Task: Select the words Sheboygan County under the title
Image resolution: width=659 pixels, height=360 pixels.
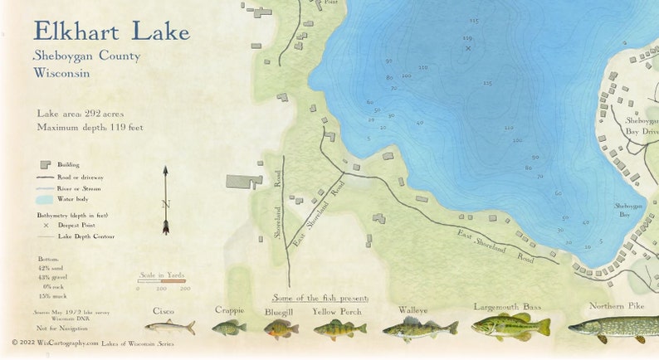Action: click(x=86, y=56)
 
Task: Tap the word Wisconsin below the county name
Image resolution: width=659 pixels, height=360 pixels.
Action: click(x=61, y=73)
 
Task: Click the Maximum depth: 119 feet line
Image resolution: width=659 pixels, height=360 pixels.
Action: click(x=90, y=127)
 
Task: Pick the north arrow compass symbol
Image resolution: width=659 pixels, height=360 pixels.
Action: click(x=165, y=200)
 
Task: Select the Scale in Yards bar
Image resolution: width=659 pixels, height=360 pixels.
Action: click(x=163, y=280)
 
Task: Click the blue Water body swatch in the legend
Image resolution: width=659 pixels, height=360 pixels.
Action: click(x=45, y=199)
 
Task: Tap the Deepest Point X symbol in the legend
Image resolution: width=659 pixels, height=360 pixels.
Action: click(x=46, y=225)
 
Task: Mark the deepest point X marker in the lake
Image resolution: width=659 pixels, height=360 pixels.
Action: click(x=467, y=48)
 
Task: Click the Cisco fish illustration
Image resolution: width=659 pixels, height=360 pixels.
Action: click(x=169, y=327)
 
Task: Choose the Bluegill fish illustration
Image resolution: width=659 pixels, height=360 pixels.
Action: click(x=281, y=329)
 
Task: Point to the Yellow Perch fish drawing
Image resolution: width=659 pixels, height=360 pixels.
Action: click(x=339, y=329)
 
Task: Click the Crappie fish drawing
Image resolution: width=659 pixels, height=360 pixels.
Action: click(x=228, y=328)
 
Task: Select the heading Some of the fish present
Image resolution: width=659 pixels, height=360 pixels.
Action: click(x=320, y=297)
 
